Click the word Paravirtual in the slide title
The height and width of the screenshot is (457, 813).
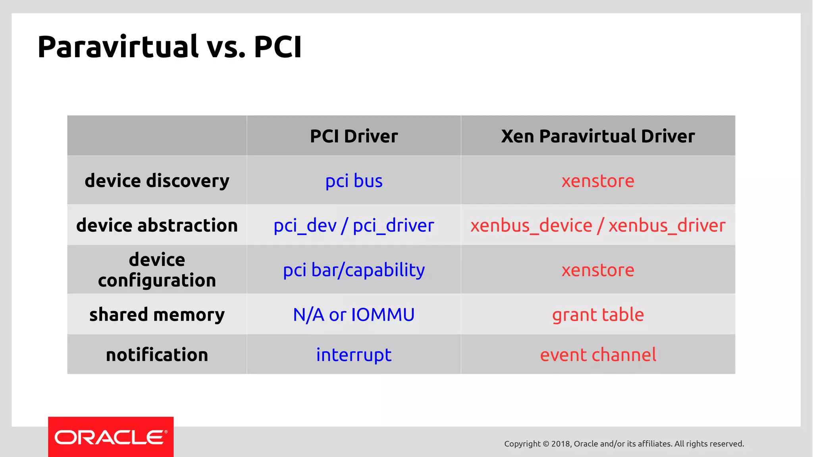coord(118,47)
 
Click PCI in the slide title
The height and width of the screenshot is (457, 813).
coord(277,47)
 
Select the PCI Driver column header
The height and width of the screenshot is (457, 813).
coord(354,136)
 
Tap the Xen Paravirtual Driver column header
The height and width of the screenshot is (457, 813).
coord(598,136)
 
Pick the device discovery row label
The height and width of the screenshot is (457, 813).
coord(157,181)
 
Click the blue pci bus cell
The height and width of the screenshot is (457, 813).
coord(354,181)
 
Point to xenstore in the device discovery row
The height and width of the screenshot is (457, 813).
coord(598,181)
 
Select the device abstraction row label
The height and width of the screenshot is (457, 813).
coord(157,225)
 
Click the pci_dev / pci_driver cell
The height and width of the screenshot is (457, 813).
coord(354,226)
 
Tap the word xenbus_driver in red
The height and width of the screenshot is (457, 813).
coord(667,226)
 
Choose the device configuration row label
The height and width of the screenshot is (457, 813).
coord(157,270)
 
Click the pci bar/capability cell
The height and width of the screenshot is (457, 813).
coord(354,270)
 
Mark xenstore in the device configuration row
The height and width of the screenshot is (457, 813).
coord(598,270)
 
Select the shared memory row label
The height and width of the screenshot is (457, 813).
coord(157,315)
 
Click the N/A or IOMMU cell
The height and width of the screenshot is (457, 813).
coord(354,315)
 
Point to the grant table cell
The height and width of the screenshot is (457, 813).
coord(598,315)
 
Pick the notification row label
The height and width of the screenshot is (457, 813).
coord(157,354)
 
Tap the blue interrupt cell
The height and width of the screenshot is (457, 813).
coord(354,355)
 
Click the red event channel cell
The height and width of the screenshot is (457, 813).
coord(598,355)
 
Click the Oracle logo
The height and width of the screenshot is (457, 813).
coord(111,437)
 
